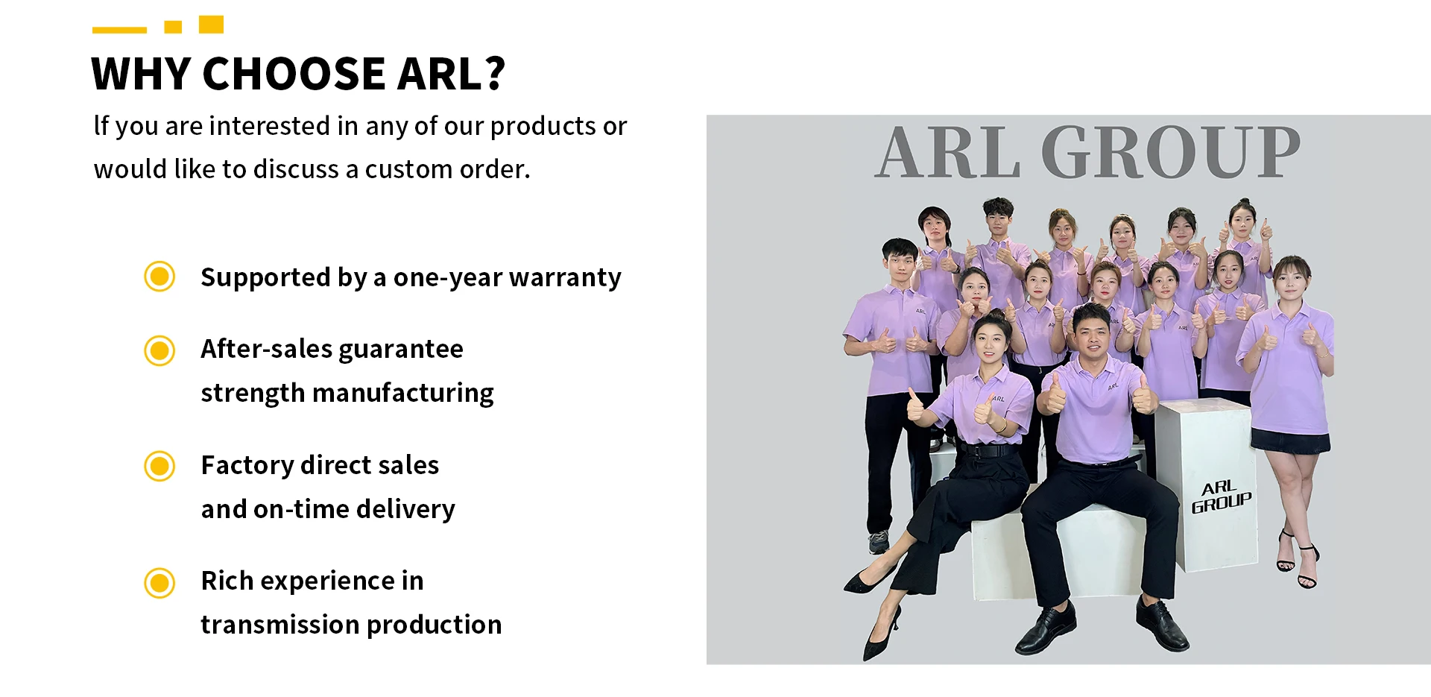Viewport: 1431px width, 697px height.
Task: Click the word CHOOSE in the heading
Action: (x=294, y=74)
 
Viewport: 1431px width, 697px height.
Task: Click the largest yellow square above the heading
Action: (x=211, y=25)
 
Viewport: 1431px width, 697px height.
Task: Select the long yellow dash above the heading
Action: (x=119, y=30)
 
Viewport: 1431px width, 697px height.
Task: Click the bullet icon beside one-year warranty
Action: (x=159, y=277)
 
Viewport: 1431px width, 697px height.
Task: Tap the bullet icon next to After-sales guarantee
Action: (x=159, y=350)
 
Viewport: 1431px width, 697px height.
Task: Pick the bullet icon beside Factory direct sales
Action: (x=159, y=466)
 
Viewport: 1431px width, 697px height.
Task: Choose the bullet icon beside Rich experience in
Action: (x=159, y=582)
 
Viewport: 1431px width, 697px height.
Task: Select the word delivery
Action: (x=405, y=509)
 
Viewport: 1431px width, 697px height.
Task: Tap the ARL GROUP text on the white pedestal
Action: (x=1221, y=496)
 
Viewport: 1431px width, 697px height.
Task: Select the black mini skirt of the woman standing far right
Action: (x=1290, y=441)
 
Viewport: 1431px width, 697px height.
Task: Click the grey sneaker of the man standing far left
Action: (x=878, y=541)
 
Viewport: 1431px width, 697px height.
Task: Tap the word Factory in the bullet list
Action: (x=248, y=466)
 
